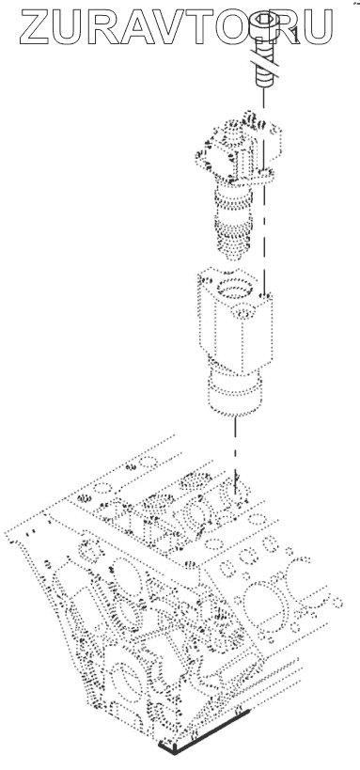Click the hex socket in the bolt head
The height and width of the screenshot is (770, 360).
[x=264, y=20]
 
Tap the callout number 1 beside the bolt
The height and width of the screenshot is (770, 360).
[x=294, y=36]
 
